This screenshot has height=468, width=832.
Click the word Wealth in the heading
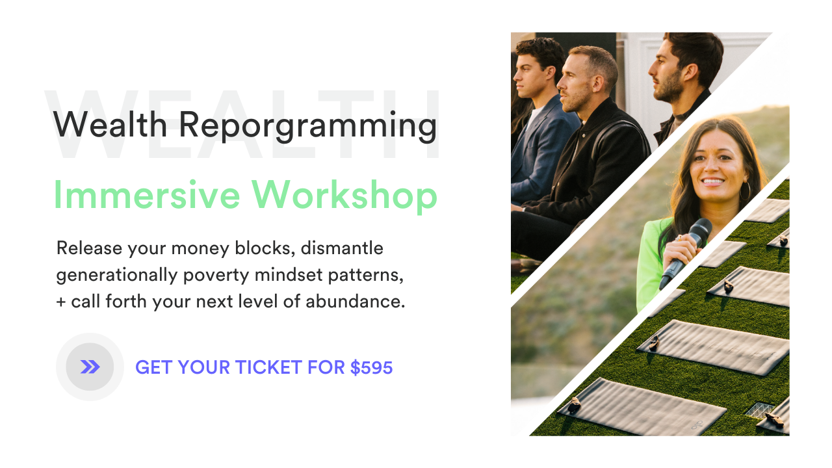(110, 125)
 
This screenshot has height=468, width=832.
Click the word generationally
(116, 275)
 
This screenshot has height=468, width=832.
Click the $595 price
(371, 368)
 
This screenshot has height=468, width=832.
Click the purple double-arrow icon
(90, 367)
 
